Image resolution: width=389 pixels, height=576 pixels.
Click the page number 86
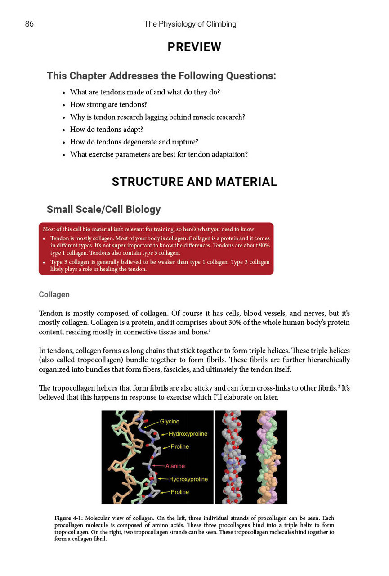pyautogui.click(x=29, y=24)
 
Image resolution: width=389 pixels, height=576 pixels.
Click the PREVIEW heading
pyautogui.click(x=194, y=47)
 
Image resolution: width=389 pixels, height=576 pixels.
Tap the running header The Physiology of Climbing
pyautogui.click(x=190, y=24)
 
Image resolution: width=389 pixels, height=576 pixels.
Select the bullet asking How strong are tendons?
pyautogui.click(x=108, y=104)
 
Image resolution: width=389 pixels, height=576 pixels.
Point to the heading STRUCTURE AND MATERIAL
pyautogui.click(x=194, y=182)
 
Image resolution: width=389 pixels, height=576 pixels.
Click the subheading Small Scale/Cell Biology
pyautogui.click(x=103, y=209)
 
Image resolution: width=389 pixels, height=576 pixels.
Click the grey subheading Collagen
pyautogui.click(x=54, y=294)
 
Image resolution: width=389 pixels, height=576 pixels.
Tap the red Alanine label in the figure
pyautogui.click(x=175, y=466)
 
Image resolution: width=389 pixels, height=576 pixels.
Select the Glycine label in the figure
pyautogui.click(x=170, y=421)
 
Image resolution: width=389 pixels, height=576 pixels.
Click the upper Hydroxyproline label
pyautogui.click(x=188, y=434)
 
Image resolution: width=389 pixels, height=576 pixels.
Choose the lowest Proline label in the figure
pyautogui.click(x=180, y=492)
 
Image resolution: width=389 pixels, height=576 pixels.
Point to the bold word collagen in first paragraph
pyautogui.click(x=154, y=313)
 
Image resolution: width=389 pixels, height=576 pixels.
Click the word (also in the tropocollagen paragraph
pyautogui.click(x=48, y=360)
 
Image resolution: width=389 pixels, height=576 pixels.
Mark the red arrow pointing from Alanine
pyautogui.click(x=158, y=466)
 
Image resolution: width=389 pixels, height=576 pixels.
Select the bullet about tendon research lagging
pyautogui.click(x=157, y=117)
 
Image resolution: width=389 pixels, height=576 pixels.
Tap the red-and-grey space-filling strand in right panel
pyautogui.click(x=235, y=457)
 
